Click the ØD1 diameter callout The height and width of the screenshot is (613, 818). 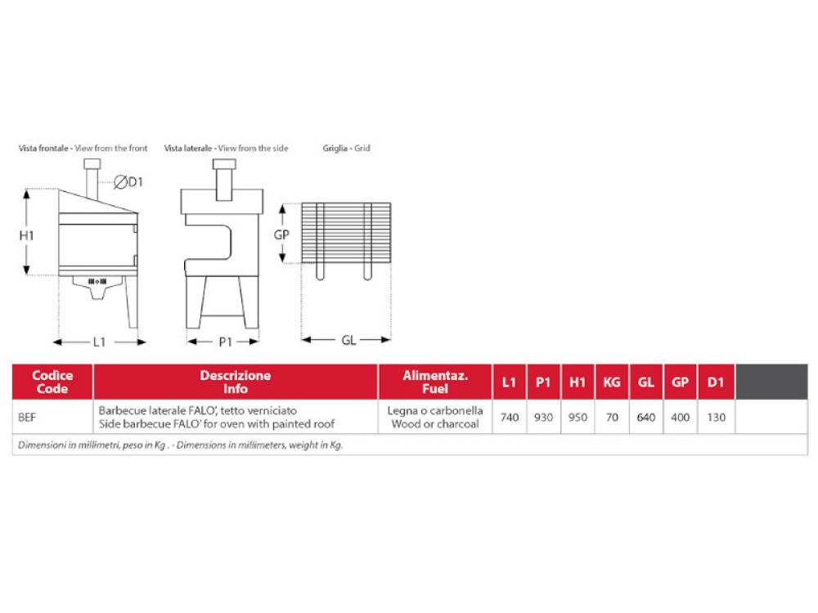(128, 182)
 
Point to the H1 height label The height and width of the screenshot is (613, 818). (27, 235)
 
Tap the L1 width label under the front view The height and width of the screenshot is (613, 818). (99, 342)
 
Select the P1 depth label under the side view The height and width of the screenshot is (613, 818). (226, 342)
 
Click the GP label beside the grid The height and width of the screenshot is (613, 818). (281, 235)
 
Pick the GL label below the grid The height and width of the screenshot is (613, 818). (348, 340)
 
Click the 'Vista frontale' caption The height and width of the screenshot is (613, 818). (43, 148)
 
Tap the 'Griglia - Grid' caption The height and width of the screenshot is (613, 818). (346, 148)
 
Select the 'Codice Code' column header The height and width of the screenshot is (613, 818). (52, 382)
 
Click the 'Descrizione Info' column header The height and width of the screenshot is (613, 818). (236, 382)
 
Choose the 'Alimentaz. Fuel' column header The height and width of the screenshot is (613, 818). (435, 382)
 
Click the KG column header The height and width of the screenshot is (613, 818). (611, 382)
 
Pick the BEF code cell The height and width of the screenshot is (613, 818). (27, 418)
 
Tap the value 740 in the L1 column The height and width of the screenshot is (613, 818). (509, 418)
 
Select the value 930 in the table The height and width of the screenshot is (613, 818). (543, 418)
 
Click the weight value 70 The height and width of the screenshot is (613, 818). (612, 418)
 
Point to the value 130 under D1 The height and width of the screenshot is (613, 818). (716, 418)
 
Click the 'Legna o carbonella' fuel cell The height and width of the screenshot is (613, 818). (435, 411)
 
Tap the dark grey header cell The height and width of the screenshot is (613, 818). (771, 382)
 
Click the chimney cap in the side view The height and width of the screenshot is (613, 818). (224, 164)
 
